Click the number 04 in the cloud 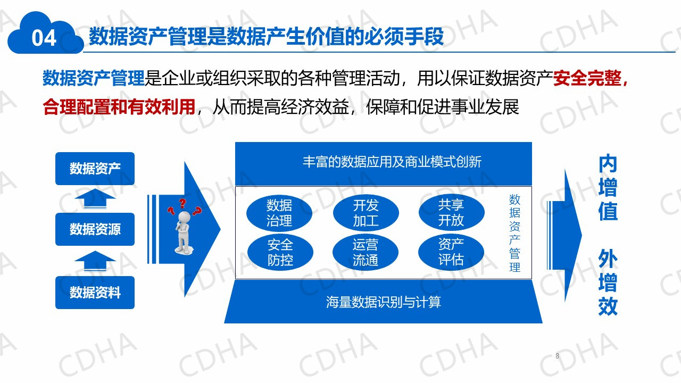point(44,38)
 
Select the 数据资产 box point(95,169)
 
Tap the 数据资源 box point(95,229)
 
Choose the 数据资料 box point(95,293)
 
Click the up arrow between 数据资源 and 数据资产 point(95,198)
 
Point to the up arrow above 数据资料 point(95,261)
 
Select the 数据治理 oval point(279,213)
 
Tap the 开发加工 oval point(366,213)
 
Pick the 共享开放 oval point(452,212)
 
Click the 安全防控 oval point(280,252)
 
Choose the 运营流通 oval point(366,252)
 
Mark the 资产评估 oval point(451,252)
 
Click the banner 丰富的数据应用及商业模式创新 point(392,162)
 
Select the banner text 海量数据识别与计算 point(384,302)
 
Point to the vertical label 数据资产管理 point(514,233)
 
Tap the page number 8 point(557,356)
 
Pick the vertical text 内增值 point(608,187)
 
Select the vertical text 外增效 point(608,282)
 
